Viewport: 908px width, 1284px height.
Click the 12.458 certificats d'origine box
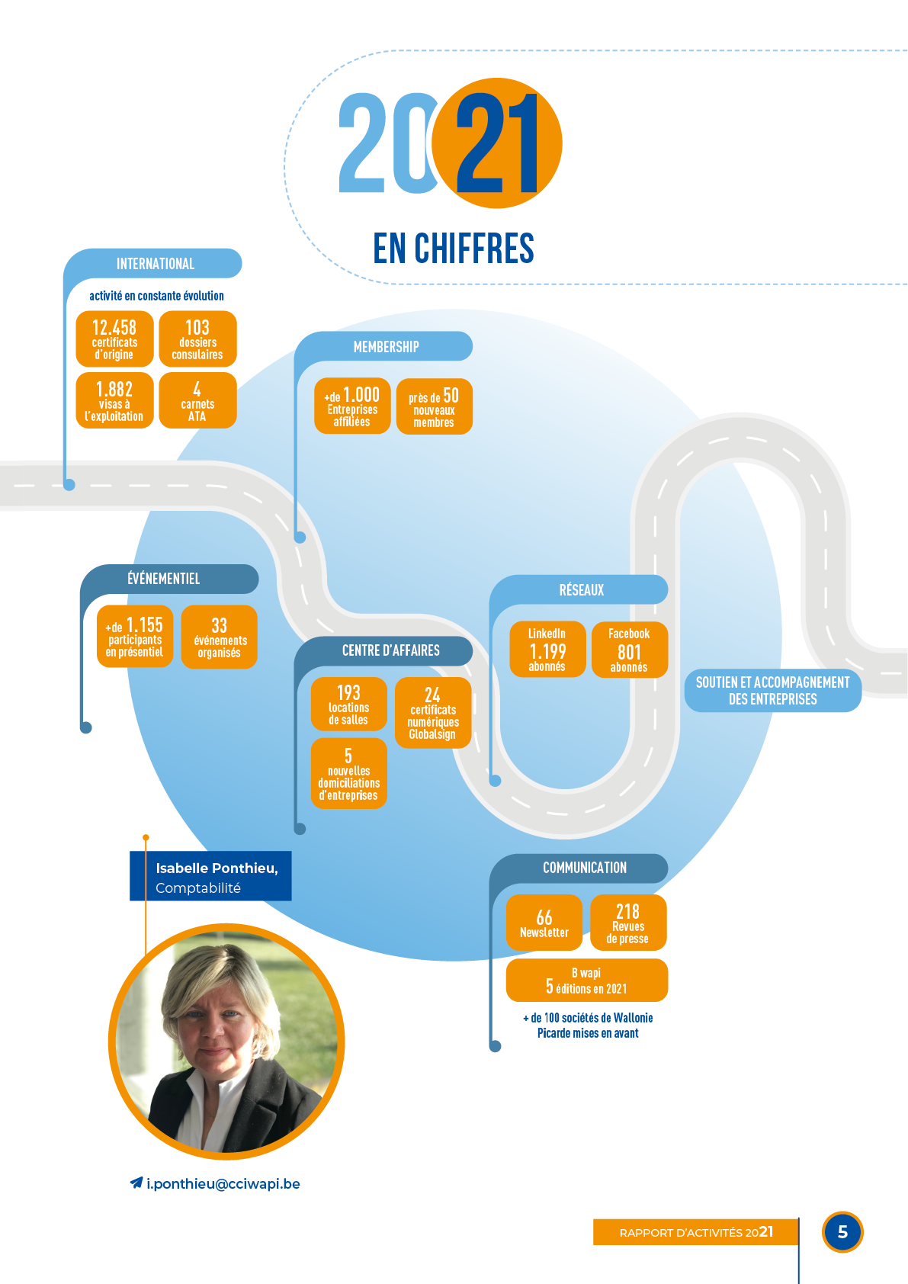[114, 339]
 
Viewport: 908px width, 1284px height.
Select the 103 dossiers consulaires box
[197, 339]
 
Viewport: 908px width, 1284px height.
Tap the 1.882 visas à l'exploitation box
[114, 401]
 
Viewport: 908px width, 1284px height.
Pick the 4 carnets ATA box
[197, 401]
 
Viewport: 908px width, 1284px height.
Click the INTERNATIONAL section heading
[155, 264]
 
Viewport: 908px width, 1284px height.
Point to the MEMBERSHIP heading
[386, 347]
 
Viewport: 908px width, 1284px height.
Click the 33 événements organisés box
[219, 637]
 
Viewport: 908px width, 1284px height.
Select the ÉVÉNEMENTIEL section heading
[163, 579]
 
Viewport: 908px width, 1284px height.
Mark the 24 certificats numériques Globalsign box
[432, 713]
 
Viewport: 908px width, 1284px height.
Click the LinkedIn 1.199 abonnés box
[547, 650]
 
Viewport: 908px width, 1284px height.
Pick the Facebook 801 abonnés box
[629, 650]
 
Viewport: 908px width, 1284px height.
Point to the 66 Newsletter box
[544, 923]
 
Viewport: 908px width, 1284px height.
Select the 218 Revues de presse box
[628, 923]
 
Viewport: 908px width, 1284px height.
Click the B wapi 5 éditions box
[586, 981]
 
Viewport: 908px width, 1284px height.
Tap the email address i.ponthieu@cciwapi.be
[223, 1183]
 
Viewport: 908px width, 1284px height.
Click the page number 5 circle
[842, 1231]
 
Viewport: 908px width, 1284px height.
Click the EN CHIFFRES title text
[454, 249]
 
